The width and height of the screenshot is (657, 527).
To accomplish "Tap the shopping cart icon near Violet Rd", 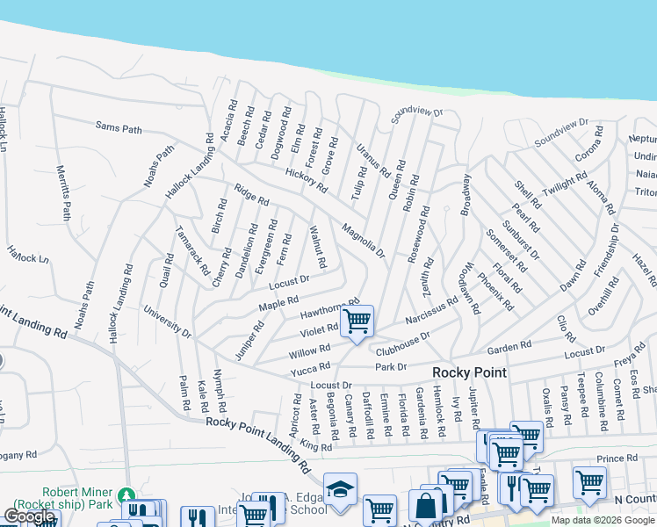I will pos(357,321).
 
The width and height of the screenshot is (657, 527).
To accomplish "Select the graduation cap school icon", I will pos(340,489).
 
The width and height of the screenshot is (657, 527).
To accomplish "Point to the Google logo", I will pos(29,517).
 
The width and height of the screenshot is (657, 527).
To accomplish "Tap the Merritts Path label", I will pos(62,192).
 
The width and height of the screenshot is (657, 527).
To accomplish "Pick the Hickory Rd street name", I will pos(306,181).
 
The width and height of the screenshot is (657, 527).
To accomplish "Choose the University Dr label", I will pos(168,322).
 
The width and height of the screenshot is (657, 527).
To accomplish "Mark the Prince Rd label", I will pos(616,458).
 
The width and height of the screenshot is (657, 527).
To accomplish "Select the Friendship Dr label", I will pos(605,250).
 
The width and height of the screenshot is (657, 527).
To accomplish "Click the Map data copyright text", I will pos(602,520).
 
